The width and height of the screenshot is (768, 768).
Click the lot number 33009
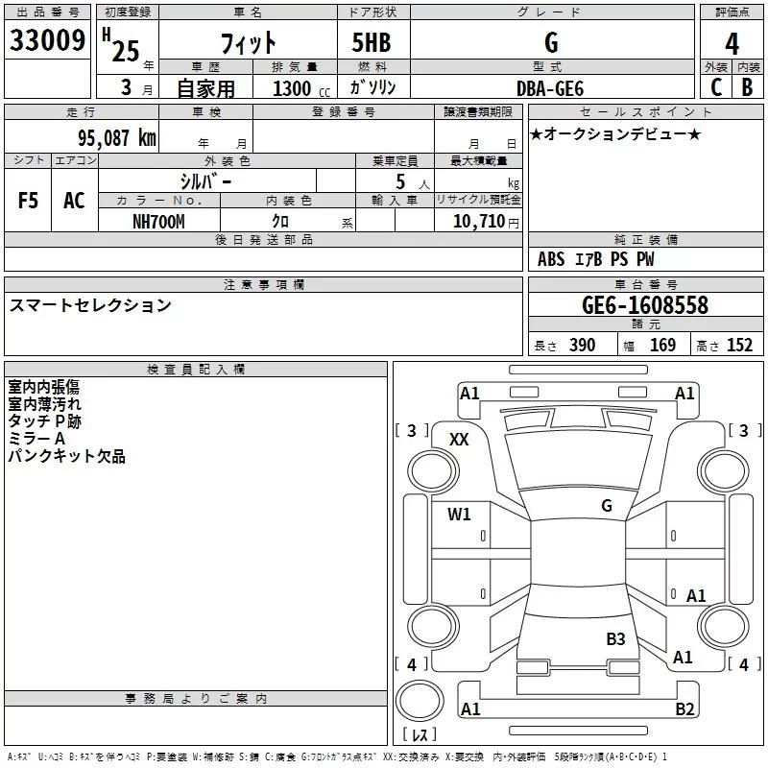(x=48, y=41)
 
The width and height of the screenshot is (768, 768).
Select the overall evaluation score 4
(x=732, y=43)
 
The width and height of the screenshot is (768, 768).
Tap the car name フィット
(x=249, y=43)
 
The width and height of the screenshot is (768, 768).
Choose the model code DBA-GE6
(x=550, y=87)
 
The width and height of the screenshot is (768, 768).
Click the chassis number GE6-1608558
(x=645, y=305)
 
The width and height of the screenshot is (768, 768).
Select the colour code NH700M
(x=158, y=221)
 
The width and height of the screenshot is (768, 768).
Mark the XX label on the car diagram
(x=460, y=439)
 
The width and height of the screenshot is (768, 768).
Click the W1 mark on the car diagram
(x=459, y=514)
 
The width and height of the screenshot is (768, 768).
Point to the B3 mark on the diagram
(x=615, y=638)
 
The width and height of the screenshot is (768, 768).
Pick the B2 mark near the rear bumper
(x=684, y=709)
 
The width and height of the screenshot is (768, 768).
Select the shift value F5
(x=29, y=201)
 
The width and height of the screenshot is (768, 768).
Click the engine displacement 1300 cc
(x=299, y=88)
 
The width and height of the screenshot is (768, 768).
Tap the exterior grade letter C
(x=715, y=87)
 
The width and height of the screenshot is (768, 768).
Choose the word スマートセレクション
(x=90, y=305)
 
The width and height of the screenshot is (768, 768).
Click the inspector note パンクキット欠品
(x=66, y=457)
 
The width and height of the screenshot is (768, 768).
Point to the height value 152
(x=739, y=346)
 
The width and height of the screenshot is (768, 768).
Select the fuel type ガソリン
(x=373, y=87)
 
